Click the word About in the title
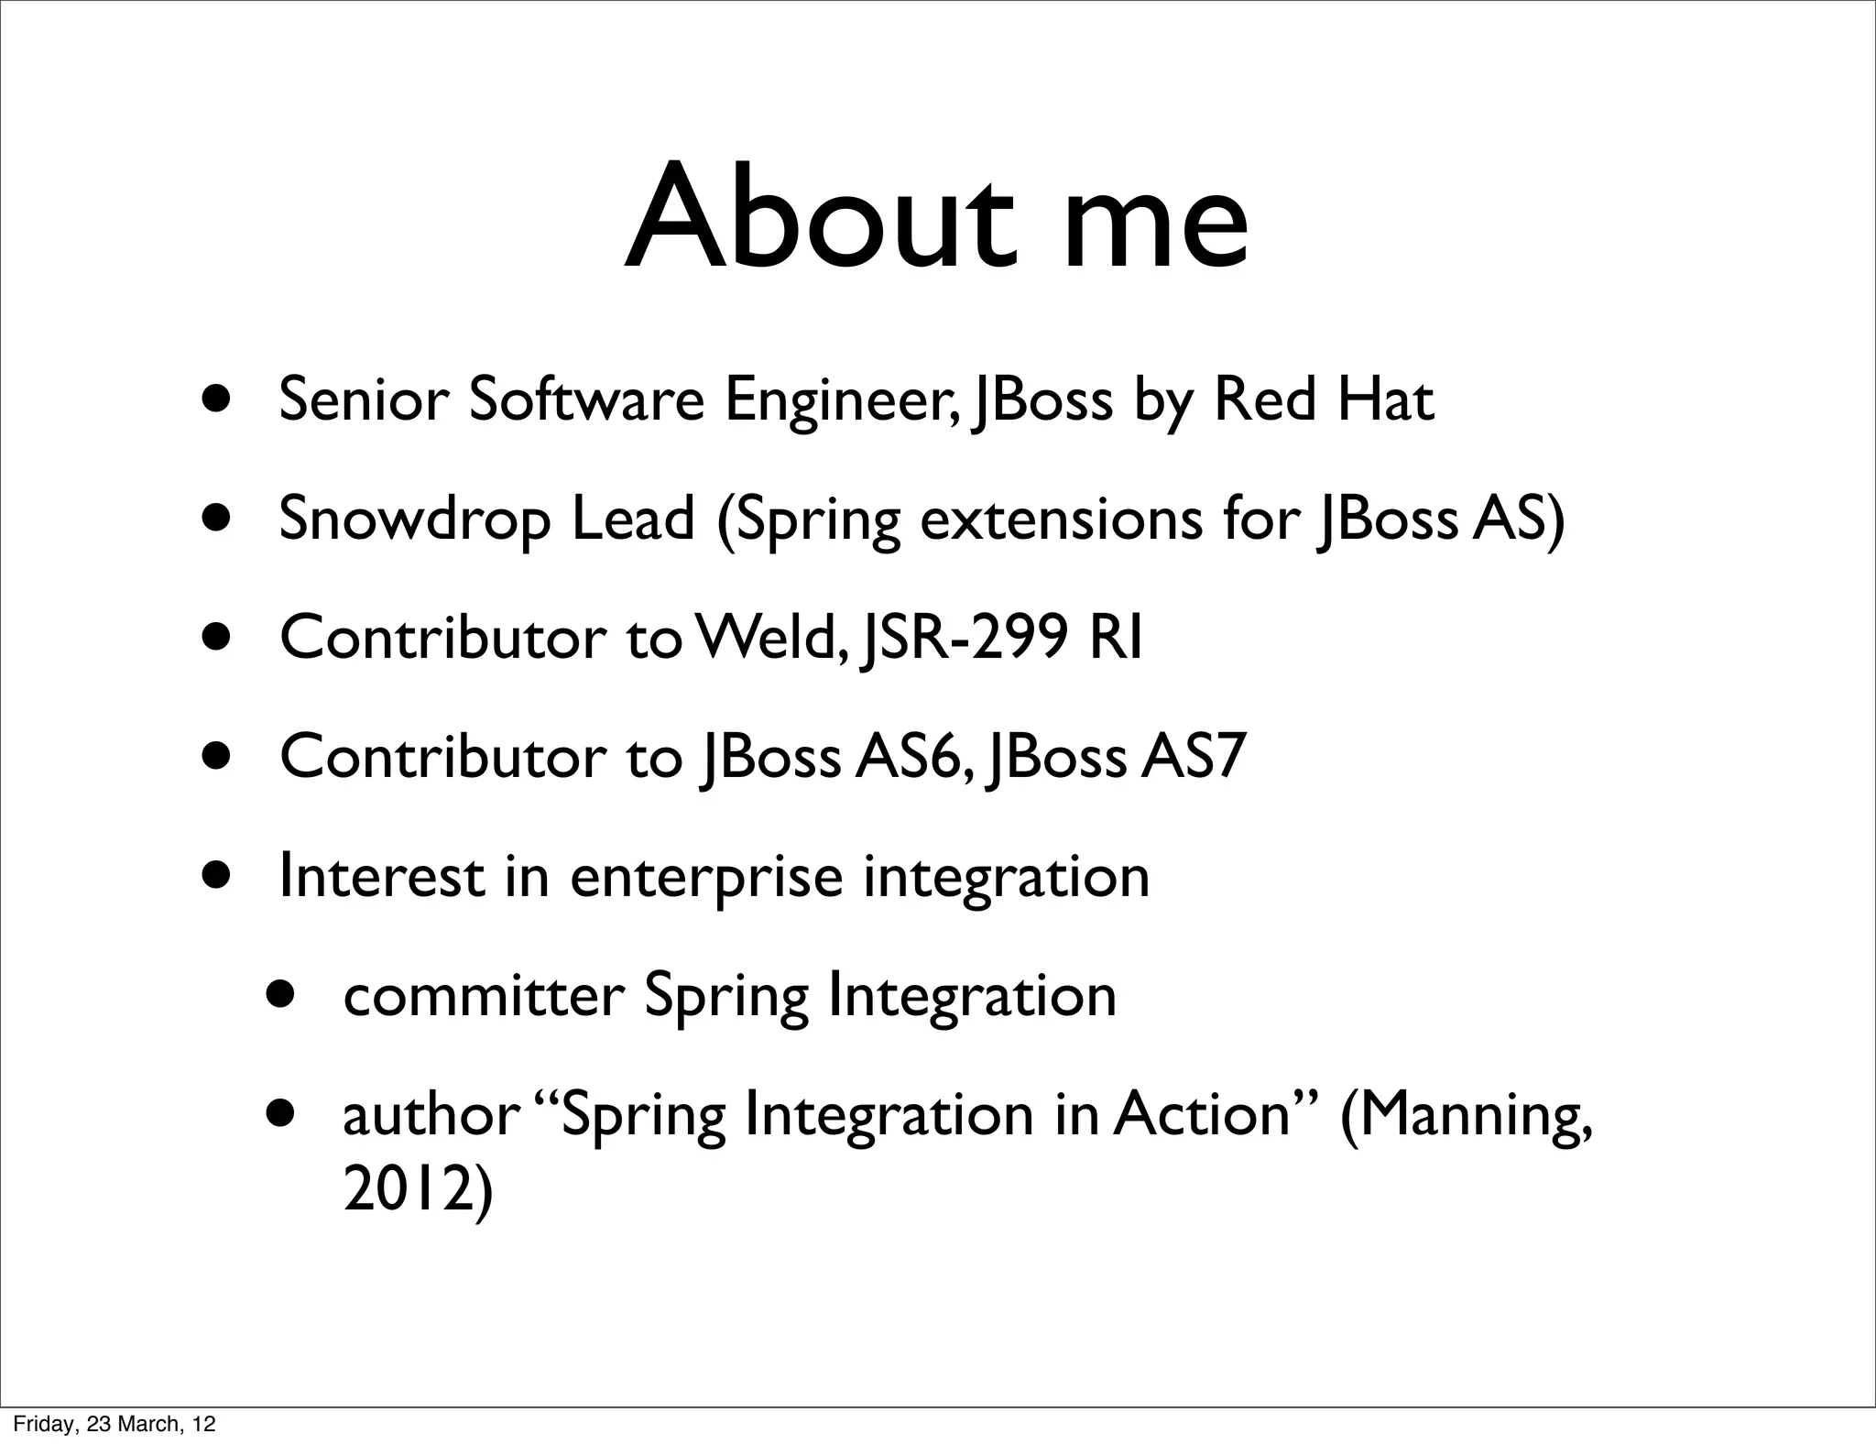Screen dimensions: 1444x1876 click(820, 220)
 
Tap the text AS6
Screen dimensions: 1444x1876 click(908, 757)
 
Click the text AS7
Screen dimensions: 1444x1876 click(1193, 757)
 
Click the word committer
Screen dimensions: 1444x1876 click(483, 996)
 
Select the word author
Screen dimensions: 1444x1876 click(429, 1115)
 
